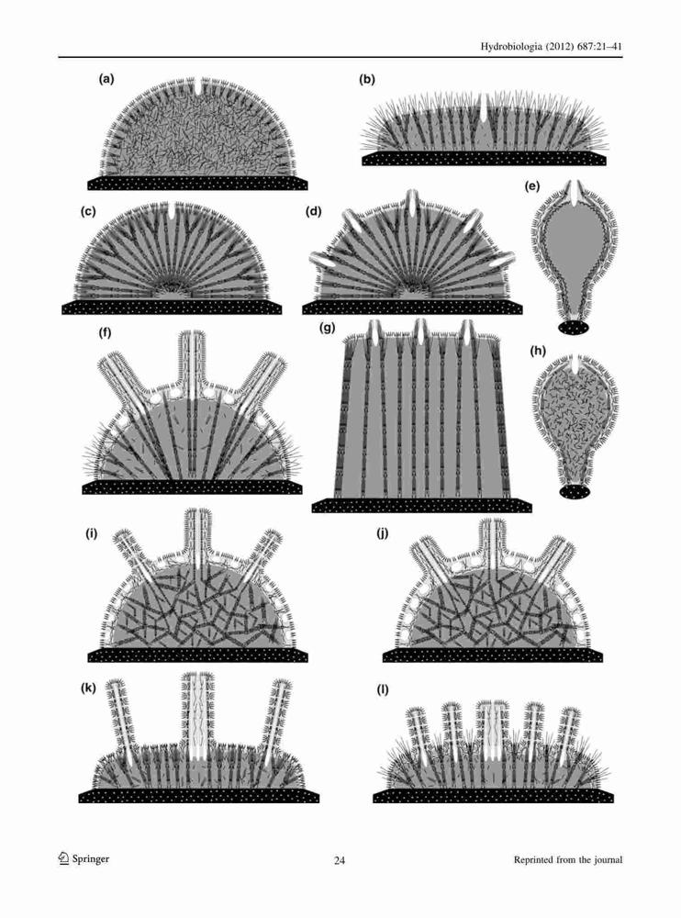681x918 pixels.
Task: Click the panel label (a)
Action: click(106, 78)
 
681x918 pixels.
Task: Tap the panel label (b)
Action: click(366, 80)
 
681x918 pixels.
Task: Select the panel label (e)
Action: click(533, 186)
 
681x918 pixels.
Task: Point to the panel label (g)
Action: click(327, 328)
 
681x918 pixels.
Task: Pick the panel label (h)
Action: click(538, 351)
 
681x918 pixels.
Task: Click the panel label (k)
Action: click(88, 688)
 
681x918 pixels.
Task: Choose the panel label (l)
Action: click(383, 689)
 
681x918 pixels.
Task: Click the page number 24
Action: click(340, 860)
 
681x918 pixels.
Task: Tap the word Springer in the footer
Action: click(91, 859)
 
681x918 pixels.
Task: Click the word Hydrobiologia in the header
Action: click(513, 46)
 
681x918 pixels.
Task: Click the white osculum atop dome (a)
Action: click(200, 86)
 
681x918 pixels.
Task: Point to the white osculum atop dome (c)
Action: click(171, 211)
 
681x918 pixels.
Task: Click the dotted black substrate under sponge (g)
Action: click(421, 505)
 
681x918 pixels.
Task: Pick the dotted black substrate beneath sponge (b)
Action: click(484, 158)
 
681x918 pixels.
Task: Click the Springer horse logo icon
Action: click(63, 858)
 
